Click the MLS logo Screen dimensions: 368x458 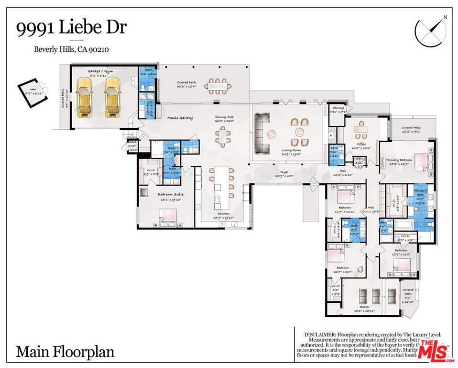click(x=435, y=349)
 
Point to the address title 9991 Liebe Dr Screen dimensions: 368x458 click(x=71, y=27)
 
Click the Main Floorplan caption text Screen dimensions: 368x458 click(x=65, y=352)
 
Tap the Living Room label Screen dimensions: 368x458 click(x=291, y=150)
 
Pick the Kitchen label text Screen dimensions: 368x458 click(x=224, y=213)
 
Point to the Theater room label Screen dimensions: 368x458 click(x=364, y=307)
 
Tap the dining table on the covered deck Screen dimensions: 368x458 click(x=218, y=87)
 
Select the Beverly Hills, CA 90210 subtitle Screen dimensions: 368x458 click(x=73, y=49)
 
